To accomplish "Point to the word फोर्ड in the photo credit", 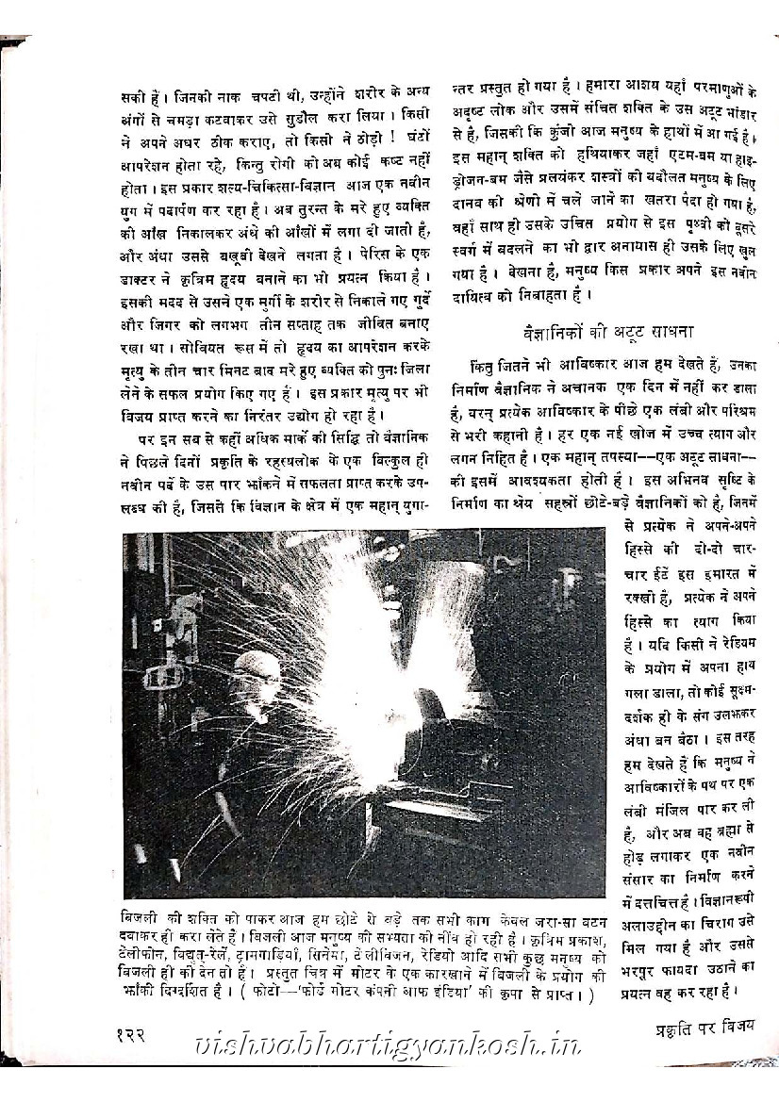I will point(314,994).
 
